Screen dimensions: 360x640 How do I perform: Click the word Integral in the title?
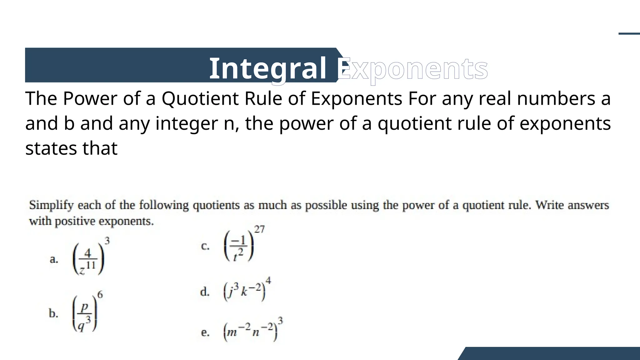(267, 68)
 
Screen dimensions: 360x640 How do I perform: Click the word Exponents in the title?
(412, 69)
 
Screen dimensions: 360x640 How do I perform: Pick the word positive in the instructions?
(75, 221)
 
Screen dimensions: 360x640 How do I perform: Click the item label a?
(54, 259)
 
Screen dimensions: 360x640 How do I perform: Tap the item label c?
(205, 246)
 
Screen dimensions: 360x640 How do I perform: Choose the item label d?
(205, 292)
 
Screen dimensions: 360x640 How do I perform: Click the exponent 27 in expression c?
(259, 229)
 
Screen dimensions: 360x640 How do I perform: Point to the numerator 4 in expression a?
(88, 253)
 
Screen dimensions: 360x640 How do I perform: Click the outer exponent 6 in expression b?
(100, 295)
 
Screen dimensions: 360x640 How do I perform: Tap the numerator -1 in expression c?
(239, 241)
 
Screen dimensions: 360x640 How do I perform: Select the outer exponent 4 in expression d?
(268, 280)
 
